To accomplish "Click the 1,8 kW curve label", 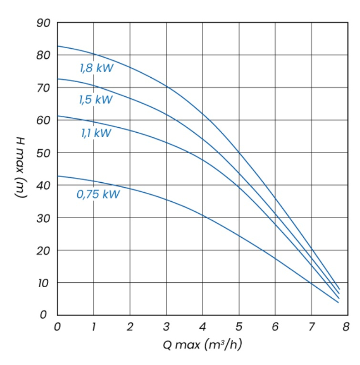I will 96,69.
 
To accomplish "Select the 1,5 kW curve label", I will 96,100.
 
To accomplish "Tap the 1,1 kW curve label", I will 96,133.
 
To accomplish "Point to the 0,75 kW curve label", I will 98,195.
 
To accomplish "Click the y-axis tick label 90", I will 44,23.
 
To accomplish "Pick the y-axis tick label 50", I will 44,153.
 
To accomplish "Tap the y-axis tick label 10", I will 44,283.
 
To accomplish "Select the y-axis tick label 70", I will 44,88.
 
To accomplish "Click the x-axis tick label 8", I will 348,326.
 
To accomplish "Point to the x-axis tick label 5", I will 239,326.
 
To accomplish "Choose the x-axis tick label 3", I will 166,326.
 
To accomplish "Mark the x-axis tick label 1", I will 94,326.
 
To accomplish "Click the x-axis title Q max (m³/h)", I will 203,345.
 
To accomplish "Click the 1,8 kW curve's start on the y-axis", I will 58,46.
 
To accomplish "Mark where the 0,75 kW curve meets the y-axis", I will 58,176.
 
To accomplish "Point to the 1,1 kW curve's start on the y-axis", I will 58,116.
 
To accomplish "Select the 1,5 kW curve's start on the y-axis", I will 58,79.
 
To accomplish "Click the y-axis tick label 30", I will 44,218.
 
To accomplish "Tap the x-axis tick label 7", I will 312,326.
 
